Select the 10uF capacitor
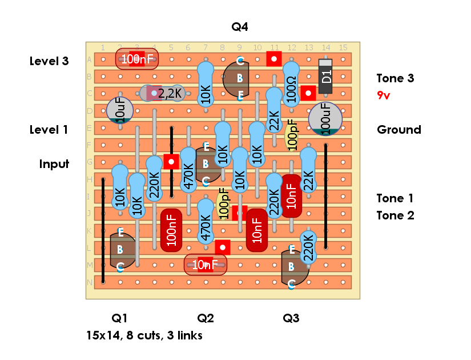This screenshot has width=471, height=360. click(x=120, y=109)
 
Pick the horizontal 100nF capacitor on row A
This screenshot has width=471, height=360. click(x=137, y=58)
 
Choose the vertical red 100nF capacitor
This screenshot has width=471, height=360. click(x=171, y=230)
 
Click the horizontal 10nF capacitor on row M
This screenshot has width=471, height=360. click(x=206, y=264)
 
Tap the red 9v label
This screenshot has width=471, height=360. click(x=384, y=95)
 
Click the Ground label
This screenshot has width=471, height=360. click(x=398, y=130)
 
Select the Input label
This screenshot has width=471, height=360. click(x=54, y=164)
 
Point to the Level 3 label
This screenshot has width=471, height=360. click(x=49, y=61)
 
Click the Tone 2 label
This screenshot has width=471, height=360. click(x=394, y=215)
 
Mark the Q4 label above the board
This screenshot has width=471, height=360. click(x=240, y=27)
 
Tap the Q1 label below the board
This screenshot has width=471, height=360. click(x=120, y=318)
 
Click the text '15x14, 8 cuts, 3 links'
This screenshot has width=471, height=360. click(x=144, y=335)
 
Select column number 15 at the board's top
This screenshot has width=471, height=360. click(x=343, y=47)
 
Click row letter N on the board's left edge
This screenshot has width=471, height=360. click(x=89, y=282)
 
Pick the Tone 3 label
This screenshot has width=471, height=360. click(x=395, y=78)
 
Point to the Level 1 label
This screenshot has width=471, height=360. click(x=49, y=130)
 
